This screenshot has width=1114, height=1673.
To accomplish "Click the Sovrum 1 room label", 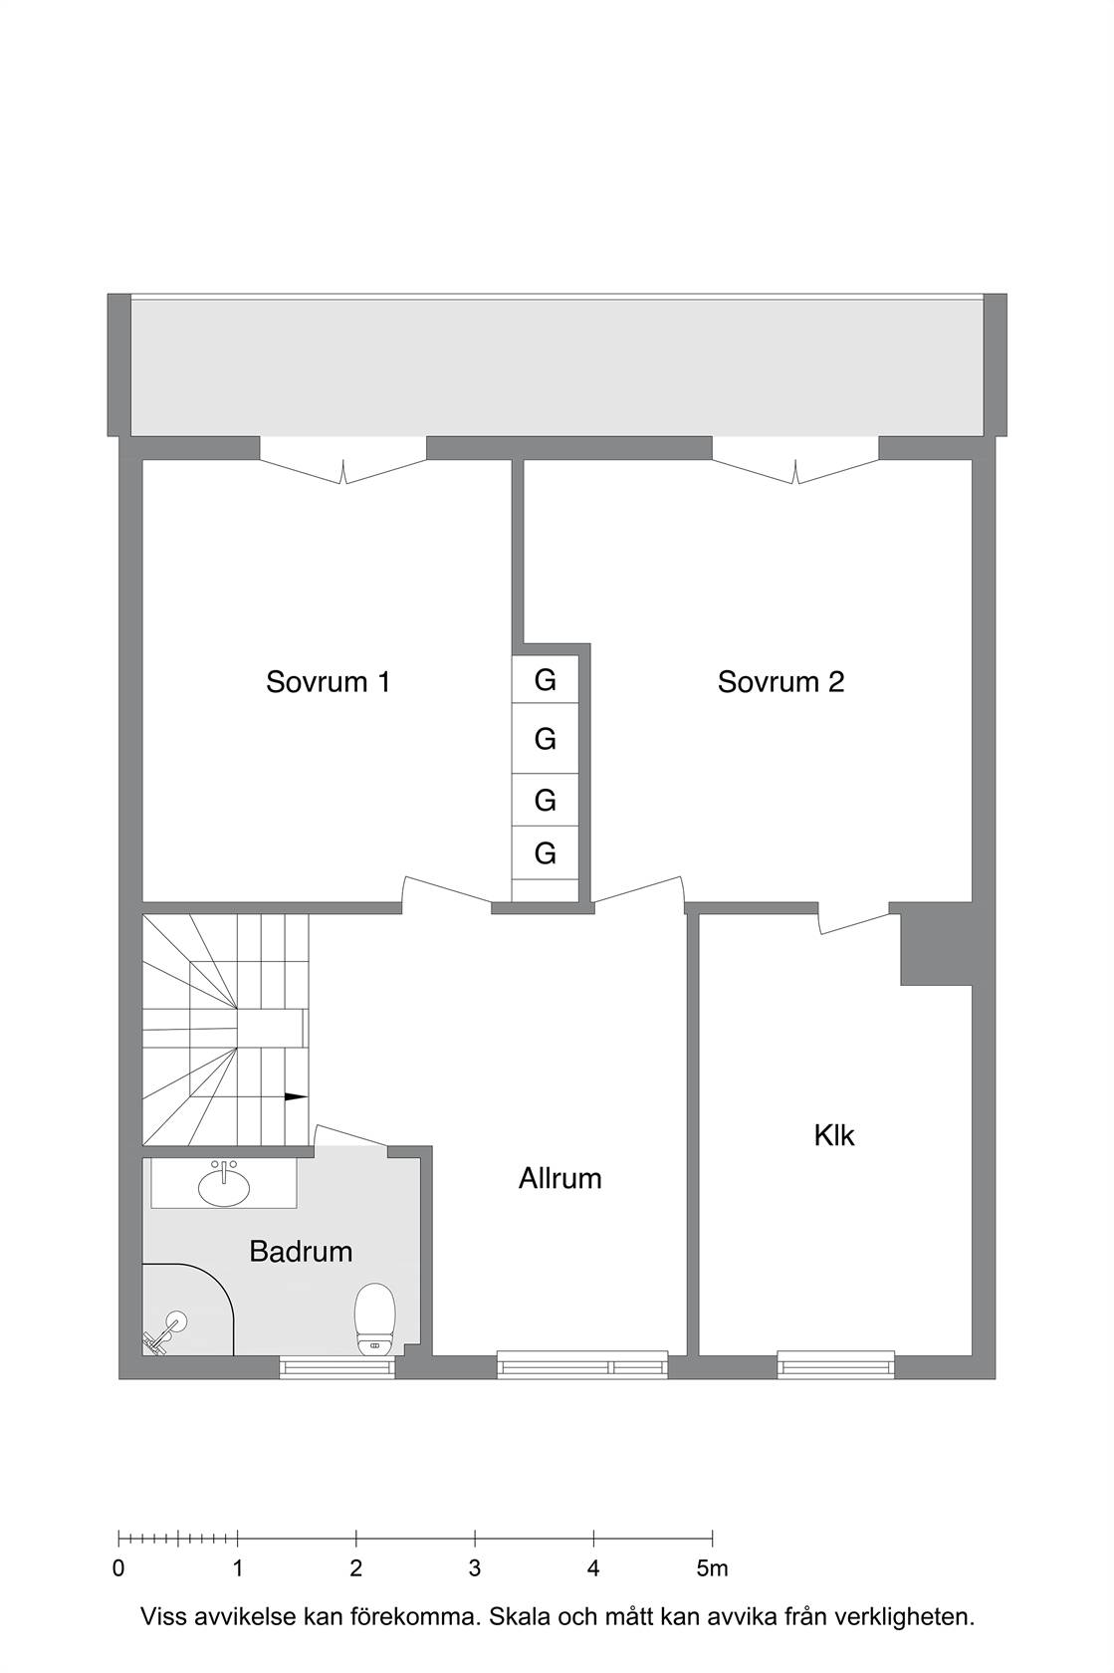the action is tap(328, 682).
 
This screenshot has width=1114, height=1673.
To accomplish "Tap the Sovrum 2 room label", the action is tap(780, 682).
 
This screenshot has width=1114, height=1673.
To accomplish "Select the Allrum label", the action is tap(559, 1179).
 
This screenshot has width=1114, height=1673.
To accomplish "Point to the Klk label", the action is tap(834, 1136).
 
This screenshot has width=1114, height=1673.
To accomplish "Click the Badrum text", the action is tap(301, 1252).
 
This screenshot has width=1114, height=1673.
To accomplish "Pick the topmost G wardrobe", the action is tap(546, 679).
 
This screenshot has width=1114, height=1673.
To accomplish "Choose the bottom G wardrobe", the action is tap(546, 852).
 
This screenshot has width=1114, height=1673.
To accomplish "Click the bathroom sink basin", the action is tap(224, 1186).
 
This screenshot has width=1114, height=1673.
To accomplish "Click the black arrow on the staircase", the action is tap(296, 1097).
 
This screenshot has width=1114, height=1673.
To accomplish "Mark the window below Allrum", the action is tap(582, 1366).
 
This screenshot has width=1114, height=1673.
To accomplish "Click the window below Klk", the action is tap(835, 1366).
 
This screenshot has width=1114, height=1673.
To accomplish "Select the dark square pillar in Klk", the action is tap(936, 944).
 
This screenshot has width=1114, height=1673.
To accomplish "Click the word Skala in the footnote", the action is tap(517, 1617).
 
